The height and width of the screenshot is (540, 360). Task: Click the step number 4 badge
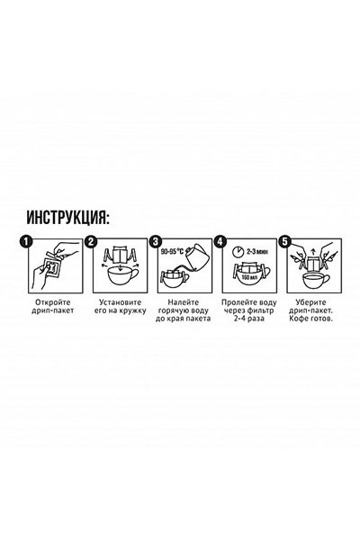(220, 241)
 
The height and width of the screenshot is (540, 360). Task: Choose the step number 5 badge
(284, 241)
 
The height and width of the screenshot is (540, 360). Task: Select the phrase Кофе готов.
(310, 320)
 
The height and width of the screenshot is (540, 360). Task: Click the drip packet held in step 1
(51, 265)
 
